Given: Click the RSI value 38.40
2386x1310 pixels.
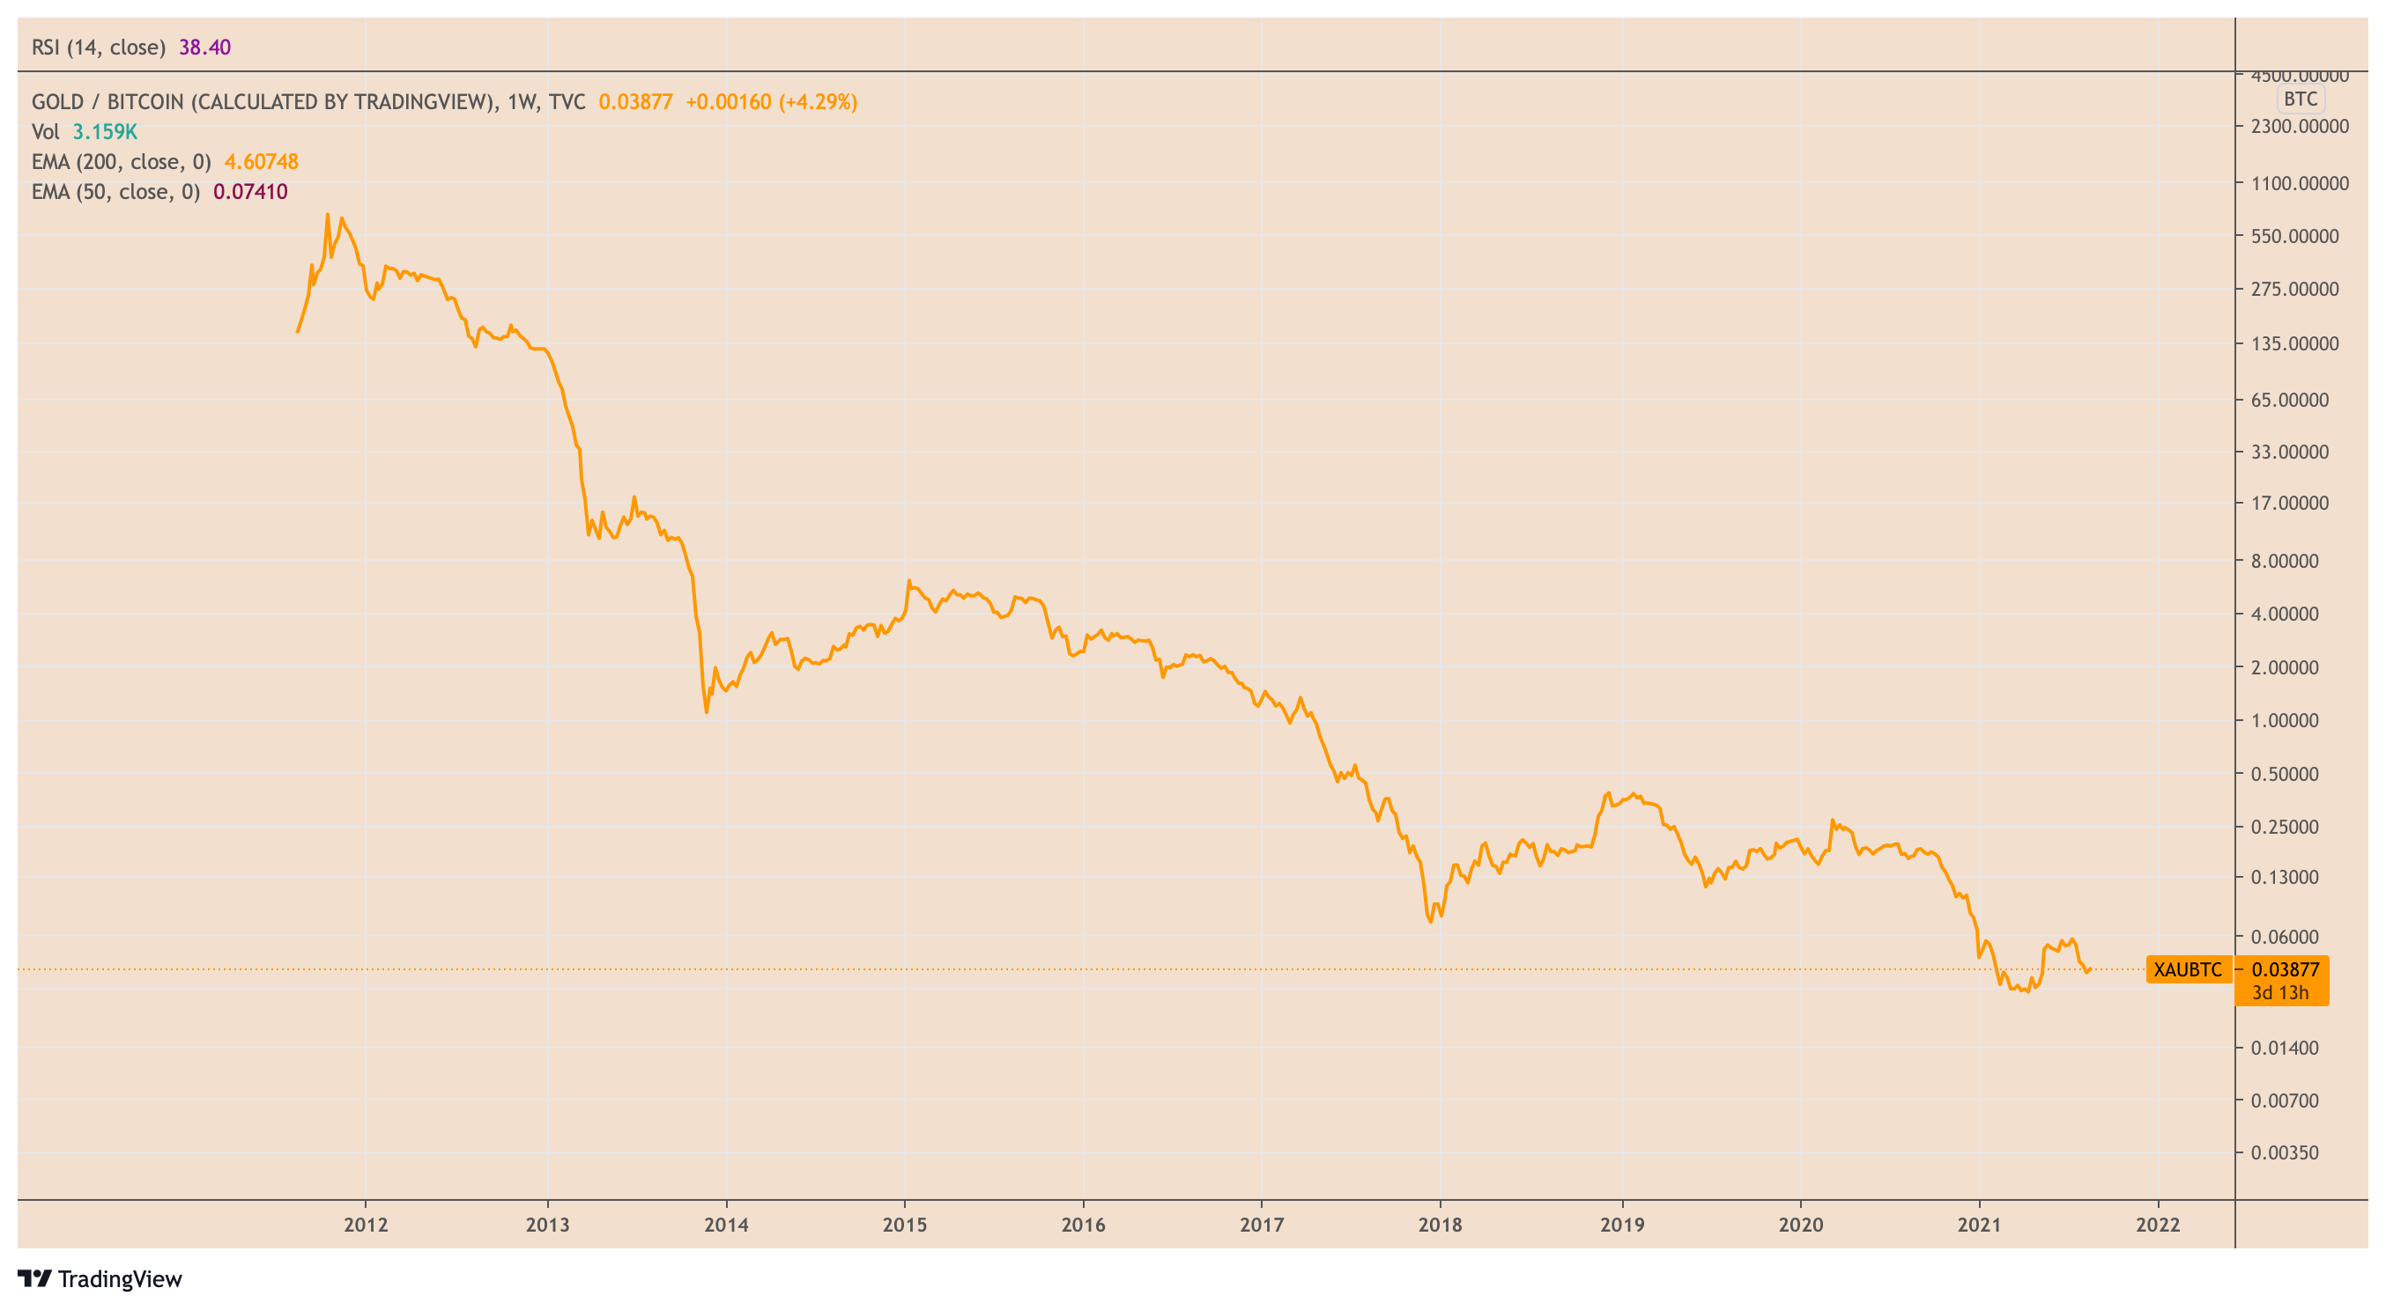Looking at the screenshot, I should (204, 48).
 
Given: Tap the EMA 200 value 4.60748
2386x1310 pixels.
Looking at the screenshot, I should (261, 162).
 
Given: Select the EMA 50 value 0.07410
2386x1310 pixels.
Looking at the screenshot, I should (250, 192).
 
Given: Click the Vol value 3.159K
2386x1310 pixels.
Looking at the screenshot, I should (105, 131).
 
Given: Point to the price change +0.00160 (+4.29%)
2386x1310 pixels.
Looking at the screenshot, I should (771, 102).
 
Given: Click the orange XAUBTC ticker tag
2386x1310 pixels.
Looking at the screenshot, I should (2187, 969).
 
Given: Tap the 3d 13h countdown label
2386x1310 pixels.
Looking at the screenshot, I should (2279, 992).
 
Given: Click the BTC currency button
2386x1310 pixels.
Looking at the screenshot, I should (2300, 99).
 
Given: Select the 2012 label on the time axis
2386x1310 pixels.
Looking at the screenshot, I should (366, 1224).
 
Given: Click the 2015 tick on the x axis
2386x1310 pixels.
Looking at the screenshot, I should (905, 1224).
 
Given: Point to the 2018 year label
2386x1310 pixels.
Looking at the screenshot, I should (1441, 1224).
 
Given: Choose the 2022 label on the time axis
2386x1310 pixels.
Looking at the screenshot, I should (2157, 1224).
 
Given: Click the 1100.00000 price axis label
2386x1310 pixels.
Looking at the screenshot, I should (2300, 183).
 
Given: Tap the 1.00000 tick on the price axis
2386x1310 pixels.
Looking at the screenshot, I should (2285, 720).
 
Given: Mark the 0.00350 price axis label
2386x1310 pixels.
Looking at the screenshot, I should (2285, 1152).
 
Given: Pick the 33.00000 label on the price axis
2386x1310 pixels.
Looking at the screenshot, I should (2290, 452).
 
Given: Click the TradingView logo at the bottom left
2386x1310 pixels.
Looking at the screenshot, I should (100, 1278).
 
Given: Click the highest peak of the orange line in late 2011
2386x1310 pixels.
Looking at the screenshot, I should (327, 215).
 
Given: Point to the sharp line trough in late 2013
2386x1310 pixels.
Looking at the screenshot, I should (707, 711).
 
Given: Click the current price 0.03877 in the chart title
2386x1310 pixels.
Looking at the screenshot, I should (635, 102).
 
